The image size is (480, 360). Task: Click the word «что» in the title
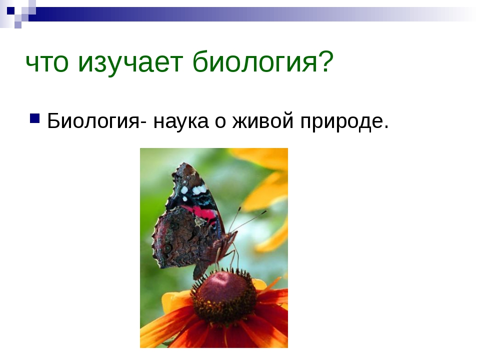[x=47, y=63]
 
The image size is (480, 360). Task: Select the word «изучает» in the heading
[x=130, y=64]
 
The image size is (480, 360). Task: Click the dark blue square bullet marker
[x=35, y=118]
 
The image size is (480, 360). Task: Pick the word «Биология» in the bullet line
[x=93, y=121]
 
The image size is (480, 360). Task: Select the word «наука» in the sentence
[x=181, y=121]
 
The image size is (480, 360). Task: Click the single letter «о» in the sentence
[x=220, y=122]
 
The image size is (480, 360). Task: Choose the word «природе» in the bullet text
[x=341, y=122]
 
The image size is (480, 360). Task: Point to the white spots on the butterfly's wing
[x=194, y=190]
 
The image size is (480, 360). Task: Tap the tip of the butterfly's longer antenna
[x=265, y=211]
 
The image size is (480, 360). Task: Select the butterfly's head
[x=231, y=236]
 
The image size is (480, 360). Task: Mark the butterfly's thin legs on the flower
[x=227, y=258]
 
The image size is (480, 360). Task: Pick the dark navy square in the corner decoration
[x=10, y=10]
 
